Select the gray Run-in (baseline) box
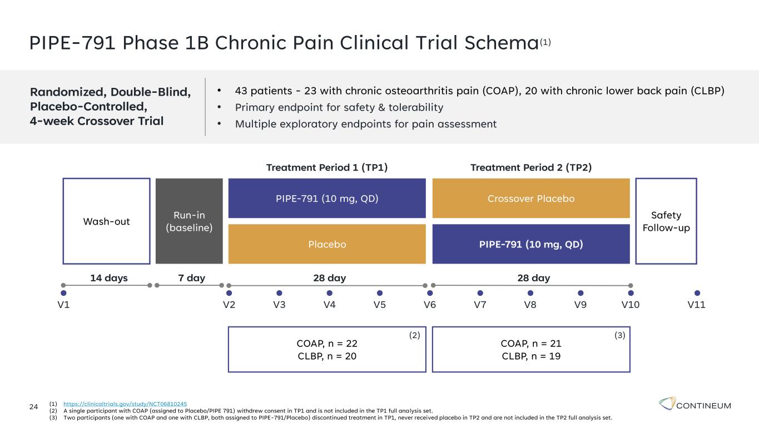click(x=189, y=221)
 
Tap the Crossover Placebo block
click(x=531, y=198)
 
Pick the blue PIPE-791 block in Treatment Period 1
click(x=327, y=198)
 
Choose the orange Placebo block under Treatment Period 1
click(x=327, y=244)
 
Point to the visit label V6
click(x=430, y=305)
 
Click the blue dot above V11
click(x=697, y=293)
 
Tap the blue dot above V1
click(x=63, y=293)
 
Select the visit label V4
click(x=329, y=305)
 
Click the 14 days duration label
click(x=109, y=278)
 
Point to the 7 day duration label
click(x=191, y=278)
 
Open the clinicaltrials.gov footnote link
click(x=125, y=404)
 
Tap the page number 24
click(x=33, y=406)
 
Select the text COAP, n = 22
click(x=327, y=344)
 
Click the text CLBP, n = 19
click(x=531, y=356)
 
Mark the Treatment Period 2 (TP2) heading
click(x=531, y=167)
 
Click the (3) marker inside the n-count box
click(x=620, y=335)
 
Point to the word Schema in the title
click(x=502, y=43)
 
